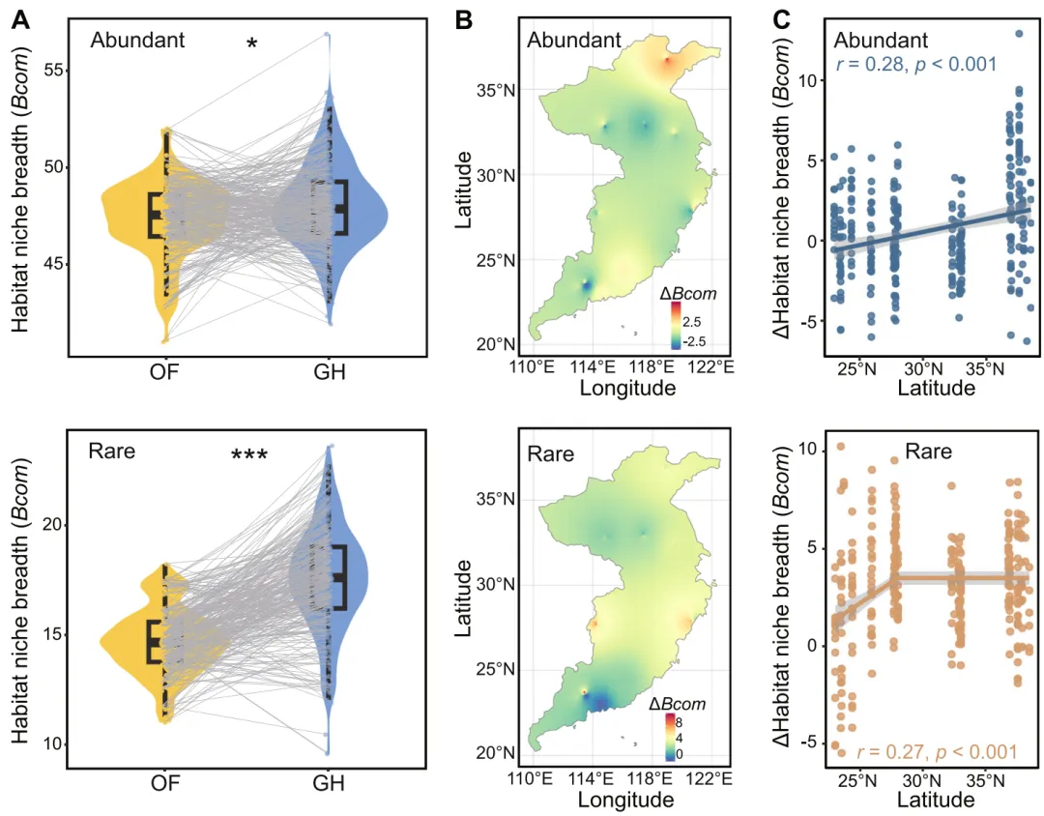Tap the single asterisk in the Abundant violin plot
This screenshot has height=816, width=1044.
pyautogui.click(x=251, y=45)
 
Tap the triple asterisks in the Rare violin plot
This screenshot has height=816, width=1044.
pyautogui.click(x=249, y=455)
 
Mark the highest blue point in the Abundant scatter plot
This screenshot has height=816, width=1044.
pyautogui.click(x=1018, y=34)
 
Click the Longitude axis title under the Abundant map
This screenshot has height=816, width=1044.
pyautogui.click(x=625, y=389)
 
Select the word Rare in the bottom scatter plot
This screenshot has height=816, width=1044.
pyautogui.click(x=928, y=452)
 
